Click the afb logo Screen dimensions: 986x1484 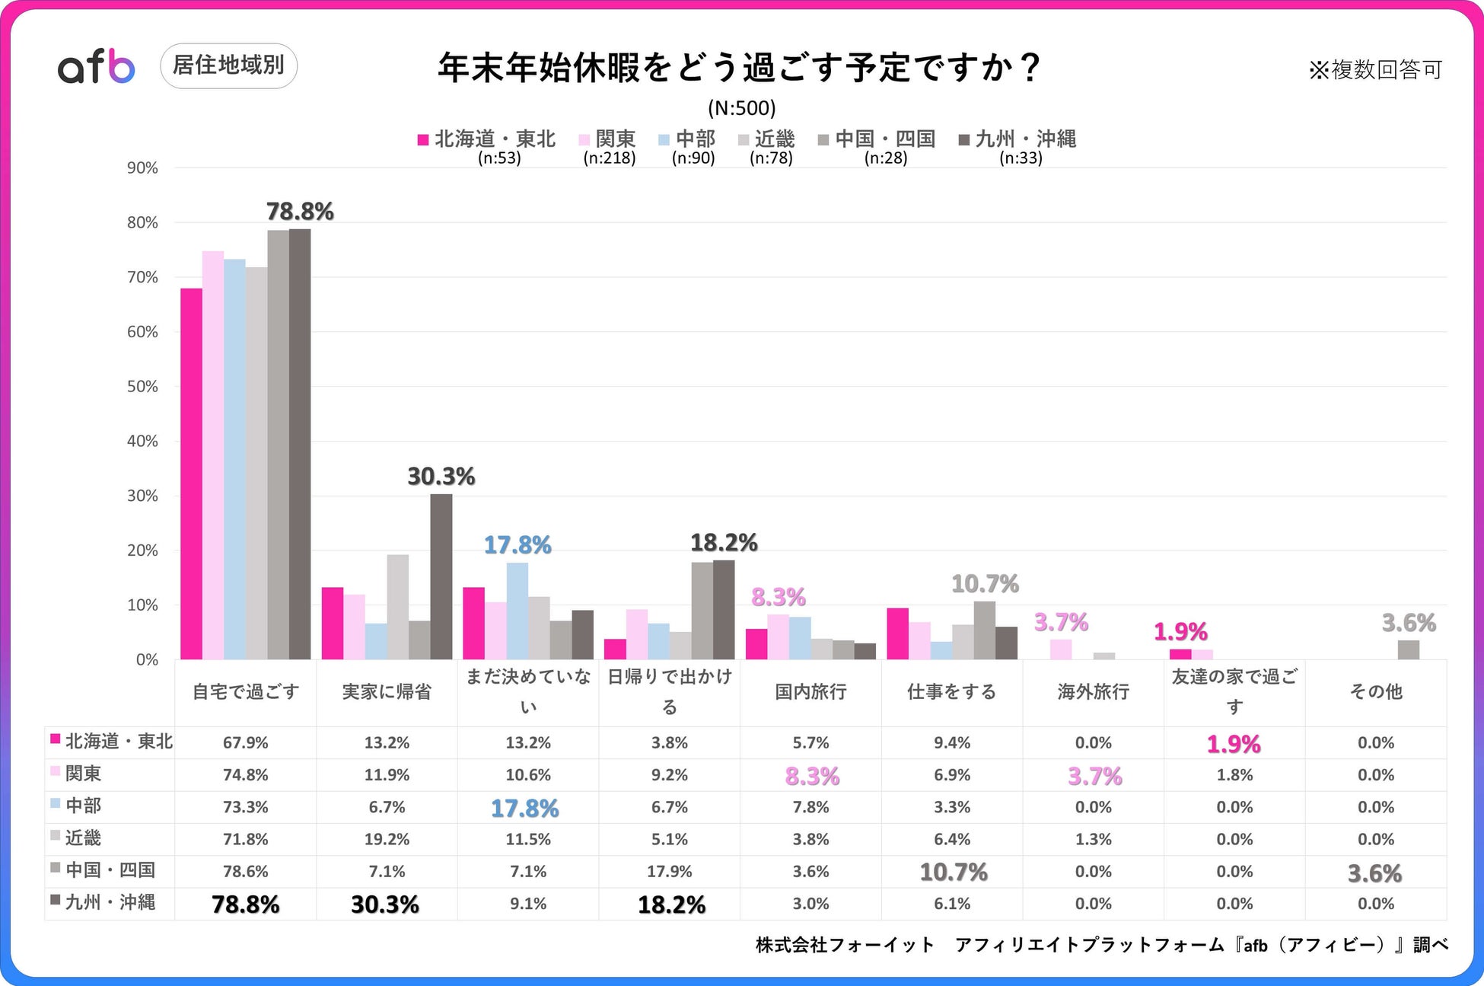point(97,66)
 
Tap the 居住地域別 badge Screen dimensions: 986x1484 point(228,65)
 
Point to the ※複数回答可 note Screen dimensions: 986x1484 point(1375,70)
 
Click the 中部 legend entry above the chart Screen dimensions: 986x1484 point(687,139)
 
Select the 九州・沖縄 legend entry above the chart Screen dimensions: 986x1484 point(1017,139)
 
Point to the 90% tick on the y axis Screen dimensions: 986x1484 point(143,168)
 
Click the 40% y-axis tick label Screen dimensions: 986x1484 point(143,442)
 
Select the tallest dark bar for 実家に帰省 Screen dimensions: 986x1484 point(441,576)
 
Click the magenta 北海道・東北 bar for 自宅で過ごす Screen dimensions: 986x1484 point(191,474)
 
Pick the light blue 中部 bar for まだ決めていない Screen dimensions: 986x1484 point(517,611)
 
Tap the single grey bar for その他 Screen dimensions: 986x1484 point(1408,649)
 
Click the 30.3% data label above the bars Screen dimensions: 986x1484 point(441,477)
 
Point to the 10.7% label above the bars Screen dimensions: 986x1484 point(985,584)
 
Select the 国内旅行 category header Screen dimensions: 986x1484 point(810,691)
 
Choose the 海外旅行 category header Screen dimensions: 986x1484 point(1093,691)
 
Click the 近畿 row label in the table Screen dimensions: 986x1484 point(83,838)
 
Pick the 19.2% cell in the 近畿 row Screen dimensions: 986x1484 point(387,839)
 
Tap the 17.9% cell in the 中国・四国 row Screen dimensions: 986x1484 point(669,871)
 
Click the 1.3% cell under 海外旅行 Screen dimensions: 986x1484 point(1093,839)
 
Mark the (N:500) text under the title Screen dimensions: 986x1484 point(741,108)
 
